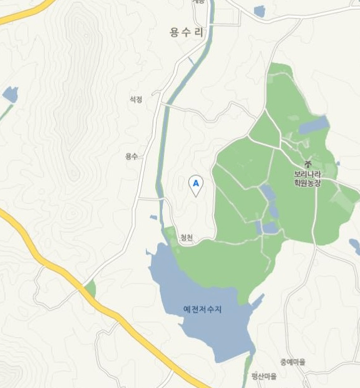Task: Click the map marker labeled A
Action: click(x=196, y=183)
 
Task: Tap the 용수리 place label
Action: click(x=187, y=33)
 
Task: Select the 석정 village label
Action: click(x=136, y=99)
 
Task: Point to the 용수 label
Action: click(x=131, y=156)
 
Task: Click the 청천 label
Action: click(x=187, y=237)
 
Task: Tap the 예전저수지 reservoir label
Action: click(x=203, y=309)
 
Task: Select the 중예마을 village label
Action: click(x=292, y=362)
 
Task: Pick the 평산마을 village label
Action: click(x=263, y=376)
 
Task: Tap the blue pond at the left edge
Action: click(x=10, y=94)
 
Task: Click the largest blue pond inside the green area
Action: click(x=313, y=126)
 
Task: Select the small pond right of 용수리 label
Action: click(x=259, y=11)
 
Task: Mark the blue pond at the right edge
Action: click(x=354, y=245)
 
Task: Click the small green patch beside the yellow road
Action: click(x=91, y=289)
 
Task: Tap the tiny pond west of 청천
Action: click(x=153, y=218)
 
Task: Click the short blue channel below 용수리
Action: click(x=191, y=61)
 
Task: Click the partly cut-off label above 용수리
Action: click(x=198, y=3)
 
